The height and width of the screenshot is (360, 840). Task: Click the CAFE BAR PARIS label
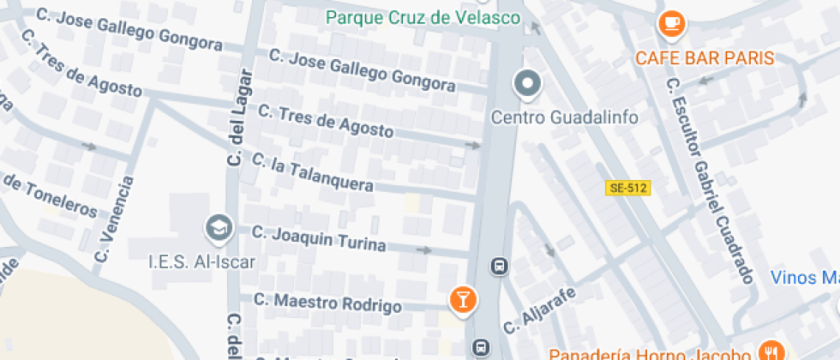pyautogui.click(x=705, y=58)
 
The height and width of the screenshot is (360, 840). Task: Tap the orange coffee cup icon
pyautogui.click(x=670, y=22)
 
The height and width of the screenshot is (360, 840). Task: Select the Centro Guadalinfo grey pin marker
pyautogui.click(x=527, y=84)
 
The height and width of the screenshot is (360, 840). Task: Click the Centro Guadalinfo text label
pyautogui.click(x=564, y=117)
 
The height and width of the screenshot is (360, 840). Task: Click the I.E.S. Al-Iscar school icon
pyautogui.click(x=219, y=228)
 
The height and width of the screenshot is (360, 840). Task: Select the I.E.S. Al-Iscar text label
pyautogui.click(x=201, y=261)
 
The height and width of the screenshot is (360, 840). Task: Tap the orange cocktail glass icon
pyautogui.click(x=463, y=299)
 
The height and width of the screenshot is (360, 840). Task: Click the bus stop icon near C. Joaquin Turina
pyautogui.click(x=499, y=266)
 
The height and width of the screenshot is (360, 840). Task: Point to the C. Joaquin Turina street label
pyautogui.click(x=319, y=238)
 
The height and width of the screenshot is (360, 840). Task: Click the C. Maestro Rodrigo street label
pyautogui.click(x=327, y=303)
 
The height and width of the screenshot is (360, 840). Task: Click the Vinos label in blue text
pyautogui.click(x=804, y=277)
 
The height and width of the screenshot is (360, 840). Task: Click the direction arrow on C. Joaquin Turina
pyautogui.click(x=423, y=250)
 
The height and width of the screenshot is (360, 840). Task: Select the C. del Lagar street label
pyautogui.click(x=237, y=117)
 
